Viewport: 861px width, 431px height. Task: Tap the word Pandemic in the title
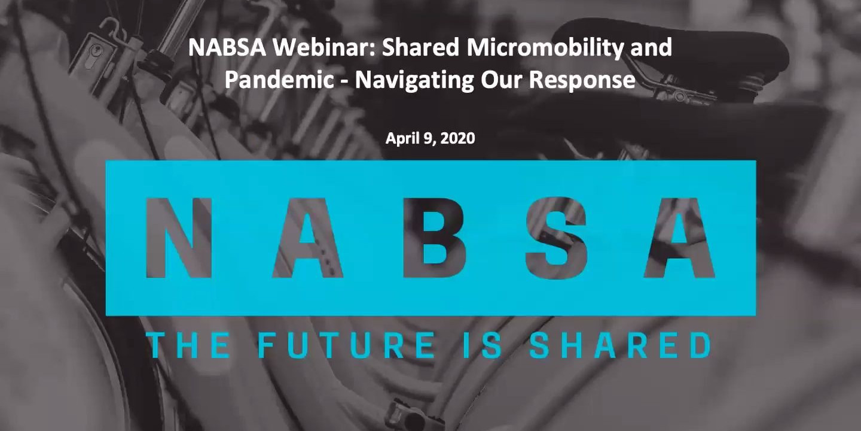pyautogui.click(x=279, y=79)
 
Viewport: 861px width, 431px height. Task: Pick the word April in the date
pyautogui.click(x=401, y=138)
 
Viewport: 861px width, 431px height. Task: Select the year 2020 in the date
pyautogui.click(x=458, y=138)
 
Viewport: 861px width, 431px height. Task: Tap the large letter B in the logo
pyautogui.click(x=434, y=238)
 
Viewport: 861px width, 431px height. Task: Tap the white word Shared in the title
pyautogui.click(x=421, y=48)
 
